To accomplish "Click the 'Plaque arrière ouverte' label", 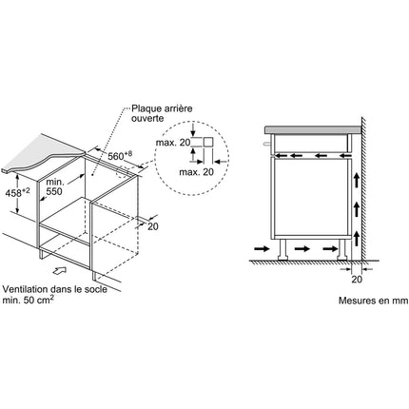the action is [162, 113].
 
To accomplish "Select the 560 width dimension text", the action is [120, 156].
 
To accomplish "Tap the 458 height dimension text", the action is [17, 192].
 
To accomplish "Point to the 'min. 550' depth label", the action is [54, 186].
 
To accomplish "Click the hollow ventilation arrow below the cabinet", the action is [59, 270].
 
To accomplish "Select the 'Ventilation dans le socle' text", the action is [55, 289].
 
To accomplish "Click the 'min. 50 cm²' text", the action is [28, 300].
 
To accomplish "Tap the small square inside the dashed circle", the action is [208, 143].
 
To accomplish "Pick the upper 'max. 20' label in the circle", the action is [173, 143].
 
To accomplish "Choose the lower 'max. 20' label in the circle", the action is [197, 172].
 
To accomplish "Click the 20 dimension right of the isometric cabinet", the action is [153, 226].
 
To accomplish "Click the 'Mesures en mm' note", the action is [374, 301].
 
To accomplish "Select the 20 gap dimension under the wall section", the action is [357, 280].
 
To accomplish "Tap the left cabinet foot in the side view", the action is [282, 249].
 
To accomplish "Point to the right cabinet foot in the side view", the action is [342, 249].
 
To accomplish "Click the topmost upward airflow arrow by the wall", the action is [357, 180].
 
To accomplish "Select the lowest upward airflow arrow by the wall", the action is [357, 239].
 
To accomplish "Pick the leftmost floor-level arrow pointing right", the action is [262, 249].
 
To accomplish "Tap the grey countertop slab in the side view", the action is [313, 129].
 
